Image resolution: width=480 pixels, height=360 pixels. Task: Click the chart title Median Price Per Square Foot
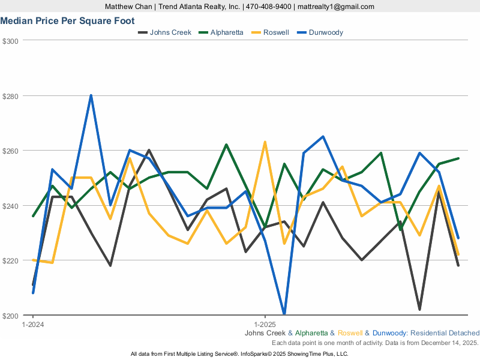tap(71, 21)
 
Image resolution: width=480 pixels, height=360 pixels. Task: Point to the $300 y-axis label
tap(11, 41)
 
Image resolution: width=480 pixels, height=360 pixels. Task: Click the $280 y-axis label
tap(11, 96)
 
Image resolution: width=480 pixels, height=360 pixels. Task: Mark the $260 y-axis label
tap(11, 151)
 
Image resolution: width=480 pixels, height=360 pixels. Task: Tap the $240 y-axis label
tap(11, 206)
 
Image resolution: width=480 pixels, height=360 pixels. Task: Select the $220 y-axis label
tap(11, 260)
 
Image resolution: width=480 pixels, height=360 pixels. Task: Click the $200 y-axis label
tap(11, 316)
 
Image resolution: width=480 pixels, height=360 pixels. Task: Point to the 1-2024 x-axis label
tap(32, 323)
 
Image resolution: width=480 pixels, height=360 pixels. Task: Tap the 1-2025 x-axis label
tap(265, 323)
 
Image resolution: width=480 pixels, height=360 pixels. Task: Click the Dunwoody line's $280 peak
tap(91, 95)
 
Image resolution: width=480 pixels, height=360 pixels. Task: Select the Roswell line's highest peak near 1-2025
tap(265, 142)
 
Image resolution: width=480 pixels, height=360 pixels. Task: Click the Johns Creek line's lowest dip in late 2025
tap(419, 310)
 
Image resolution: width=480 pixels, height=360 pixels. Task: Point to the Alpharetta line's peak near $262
tap(226, 145)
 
